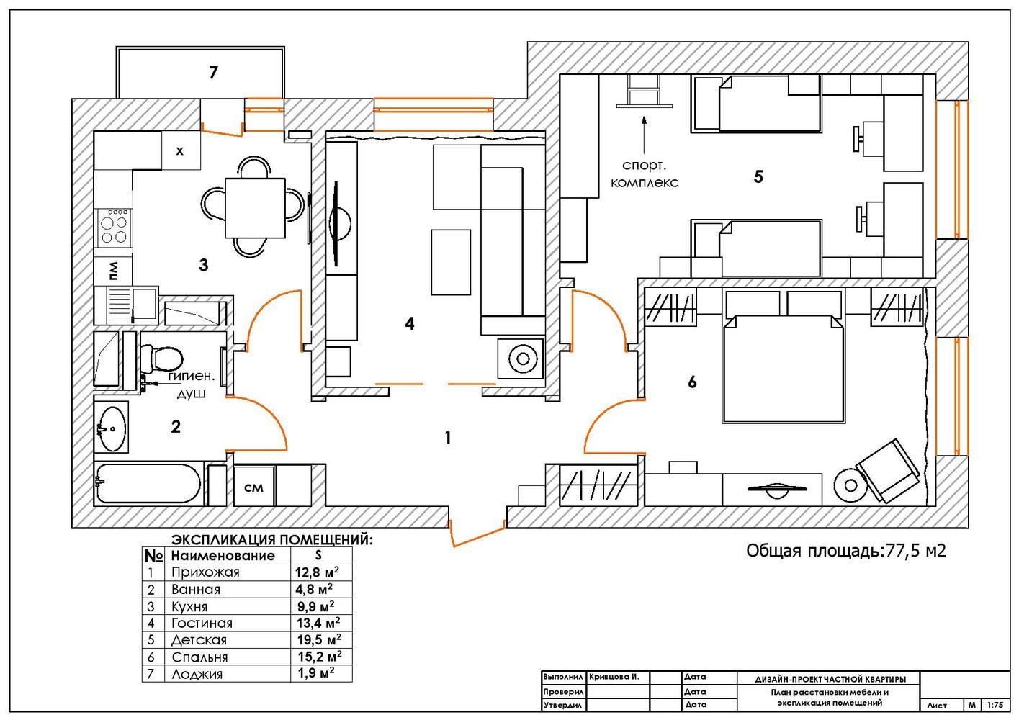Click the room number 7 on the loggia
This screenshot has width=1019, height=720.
(x=213, y=73)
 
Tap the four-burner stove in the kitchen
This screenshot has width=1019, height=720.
(x=114, y=226)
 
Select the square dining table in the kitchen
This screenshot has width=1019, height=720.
(x=255, y=207)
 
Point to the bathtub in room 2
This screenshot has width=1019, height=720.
(x=148, y=483)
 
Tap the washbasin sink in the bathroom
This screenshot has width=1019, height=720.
(x=112, y=427)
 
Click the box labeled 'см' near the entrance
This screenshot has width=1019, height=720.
(x=253, y=487)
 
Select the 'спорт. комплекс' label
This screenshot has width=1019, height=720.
(x=645, y=174)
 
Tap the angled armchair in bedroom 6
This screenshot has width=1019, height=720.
(x=886, y=472)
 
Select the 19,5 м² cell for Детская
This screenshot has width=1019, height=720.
(x=318, y=639)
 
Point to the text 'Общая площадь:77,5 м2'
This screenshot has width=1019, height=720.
(x=845, y=552)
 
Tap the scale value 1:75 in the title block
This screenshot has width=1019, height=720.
(x=996, y=706)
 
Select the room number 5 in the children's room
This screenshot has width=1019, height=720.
(x=758, y=176)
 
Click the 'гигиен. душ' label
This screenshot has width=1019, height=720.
(x=192, y=384)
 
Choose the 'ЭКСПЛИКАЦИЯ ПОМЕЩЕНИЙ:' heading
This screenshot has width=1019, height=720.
(x=272, y=539)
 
